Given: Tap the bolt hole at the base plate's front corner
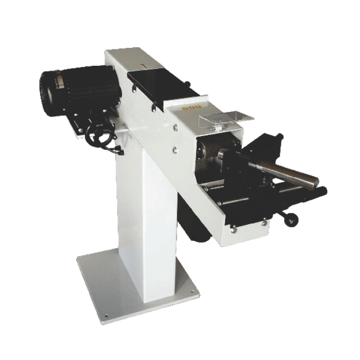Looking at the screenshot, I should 105,316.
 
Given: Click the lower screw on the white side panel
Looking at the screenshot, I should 174,150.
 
